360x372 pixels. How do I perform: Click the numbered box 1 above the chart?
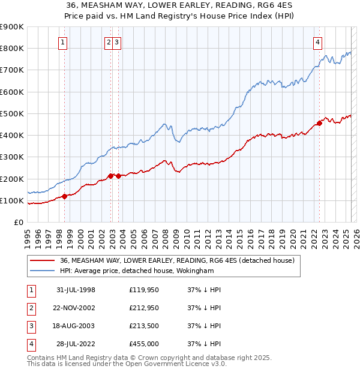pyautogui.click(x=64, y=42)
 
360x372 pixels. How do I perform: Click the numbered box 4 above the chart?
pyautogui.click(x=317, y=42)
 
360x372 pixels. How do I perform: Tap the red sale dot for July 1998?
pyautogui.click(x=65, y=196)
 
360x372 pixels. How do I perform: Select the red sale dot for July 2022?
pyautogui.click(x=319, y=123)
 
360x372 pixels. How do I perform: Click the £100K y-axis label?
pyautogui.click(x=12, y=200)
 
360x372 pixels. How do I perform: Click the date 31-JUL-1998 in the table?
pyautogui.click(x=76, y=289)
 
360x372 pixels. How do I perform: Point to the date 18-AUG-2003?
pyautogui.click(x=76, y=326)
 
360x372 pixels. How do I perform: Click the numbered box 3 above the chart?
pyautogui.click(x=116, y=42)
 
